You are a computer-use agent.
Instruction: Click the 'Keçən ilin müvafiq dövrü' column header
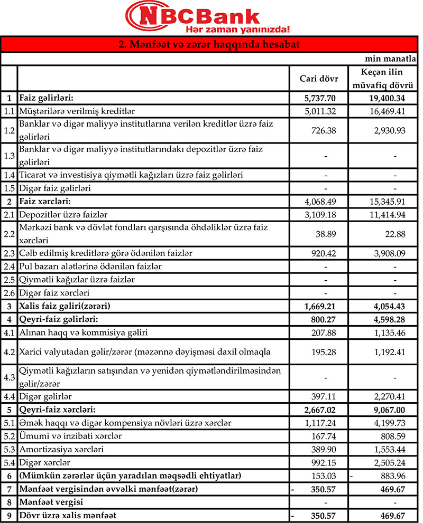382,79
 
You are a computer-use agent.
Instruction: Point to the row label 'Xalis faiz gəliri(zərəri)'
67,306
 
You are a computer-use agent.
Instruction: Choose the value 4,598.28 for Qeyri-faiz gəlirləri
384,319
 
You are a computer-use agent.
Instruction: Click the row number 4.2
8,351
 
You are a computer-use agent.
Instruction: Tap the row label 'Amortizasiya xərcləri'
61,449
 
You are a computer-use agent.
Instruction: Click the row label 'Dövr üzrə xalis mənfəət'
68,515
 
